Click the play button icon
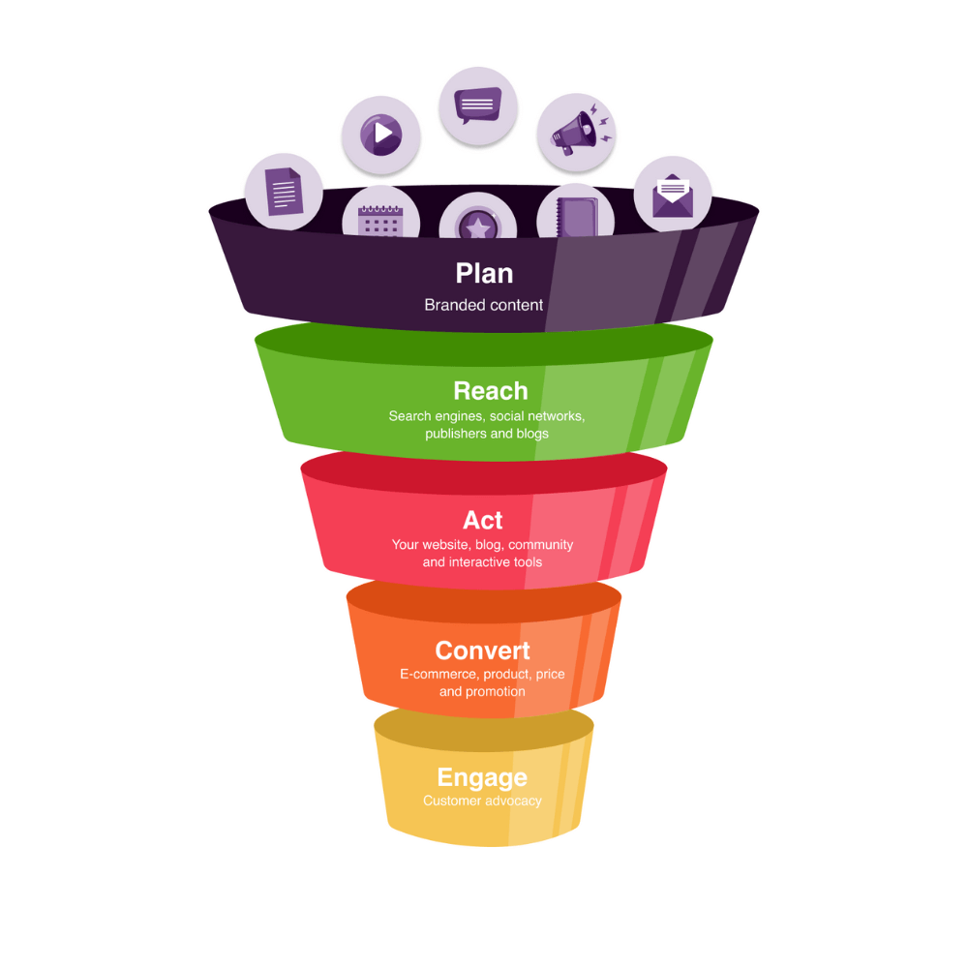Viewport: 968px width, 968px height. click(x=380, y=134)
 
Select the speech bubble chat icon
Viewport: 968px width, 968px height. click(x=478, y=105)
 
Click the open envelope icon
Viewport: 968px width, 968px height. click(x=673, y=196)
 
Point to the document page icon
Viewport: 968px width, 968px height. click(x=284, y=192)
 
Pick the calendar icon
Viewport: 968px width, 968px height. click(x=380, y=221)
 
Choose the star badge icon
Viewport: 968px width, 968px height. click(x=478, y=225)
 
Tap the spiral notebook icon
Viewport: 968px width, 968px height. click(x=577, y=217)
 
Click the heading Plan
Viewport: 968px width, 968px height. click(x=484, y=274)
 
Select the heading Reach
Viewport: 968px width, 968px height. click(x=491, y=391)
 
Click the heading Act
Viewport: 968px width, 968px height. click(x=483, y=521)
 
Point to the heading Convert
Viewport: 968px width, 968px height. click(x=483, y=650)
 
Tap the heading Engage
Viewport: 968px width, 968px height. click(x=482, y=778)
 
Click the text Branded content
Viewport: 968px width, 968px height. click(x=483, y=305)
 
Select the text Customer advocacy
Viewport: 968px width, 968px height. click(x=482, y=801)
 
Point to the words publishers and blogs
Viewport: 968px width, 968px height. click(x=487, y=434)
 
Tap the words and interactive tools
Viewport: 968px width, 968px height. click(x=482, y=561)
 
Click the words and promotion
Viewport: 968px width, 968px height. click(x=482, y=691)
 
